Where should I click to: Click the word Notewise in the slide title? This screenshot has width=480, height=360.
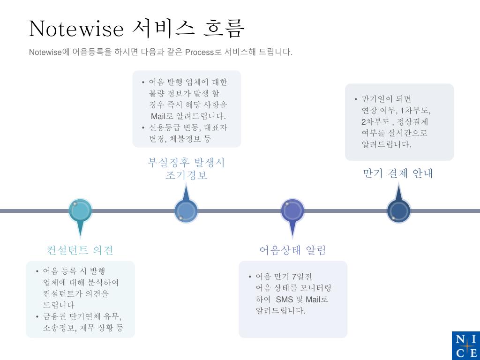click(76, 29)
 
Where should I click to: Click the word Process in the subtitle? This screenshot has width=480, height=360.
click(199, 52)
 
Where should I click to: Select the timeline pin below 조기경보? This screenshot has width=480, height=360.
click(186, 211)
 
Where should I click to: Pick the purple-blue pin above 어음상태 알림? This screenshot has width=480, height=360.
click(292, 211)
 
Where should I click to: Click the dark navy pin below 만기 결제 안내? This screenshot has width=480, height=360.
click(398, 211)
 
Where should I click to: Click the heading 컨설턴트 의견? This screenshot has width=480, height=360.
click(80, 250)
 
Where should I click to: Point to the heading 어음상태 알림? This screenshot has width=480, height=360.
click(292, 250)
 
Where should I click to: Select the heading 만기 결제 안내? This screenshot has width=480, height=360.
click(398, 173)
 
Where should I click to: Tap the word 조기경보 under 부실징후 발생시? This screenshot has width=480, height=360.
click(186, 175)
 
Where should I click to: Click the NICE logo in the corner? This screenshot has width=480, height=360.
click(465, 345)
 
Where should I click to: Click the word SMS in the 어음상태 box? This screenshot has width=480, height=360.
click(284, 300)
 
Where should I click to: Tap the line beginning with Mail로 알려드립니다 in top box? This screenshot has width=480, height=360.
click(188, 116)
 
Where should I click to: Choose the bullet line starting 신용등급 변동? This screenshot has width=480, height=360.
click(187, 127)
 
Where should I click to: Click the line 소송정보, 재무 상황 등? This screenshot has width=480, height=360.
click(83, 328)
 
